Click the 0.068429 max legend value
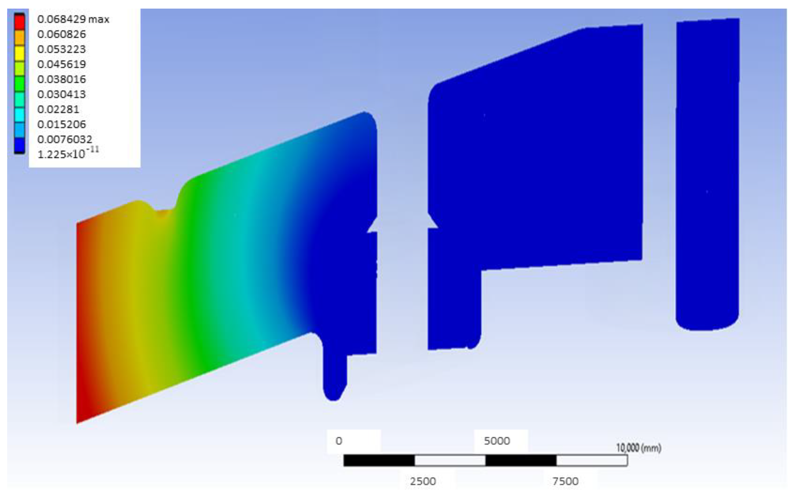pyautogui.click(x=73, y=19)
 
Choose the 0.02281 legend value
pyautogui.click(x=58, y=109)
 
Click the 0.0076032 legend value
pyautogui.click(x=65, y=140)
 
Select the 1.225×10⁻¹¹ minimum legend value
pyautogui.click(x=68, y=154)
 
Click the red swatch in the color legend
pyautogui.click(x=19, y=21)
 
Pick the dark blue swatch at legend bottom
pyautogui.click(x=19, y=145)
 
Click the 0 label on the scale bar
pyautogui.click(x=339, y=441)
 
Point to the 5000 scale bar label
pyautogui.click(x=497, y=441)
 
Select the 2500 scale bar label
pyautogui.click(x=423, y=481)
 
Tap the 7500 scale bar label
pyautogui.click(x=565, y=481)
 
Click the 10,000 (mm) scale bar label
pyautogui.click(x=639, y=448)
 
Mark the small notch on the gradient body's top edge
pyautogui.click(x=163, y=212)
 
